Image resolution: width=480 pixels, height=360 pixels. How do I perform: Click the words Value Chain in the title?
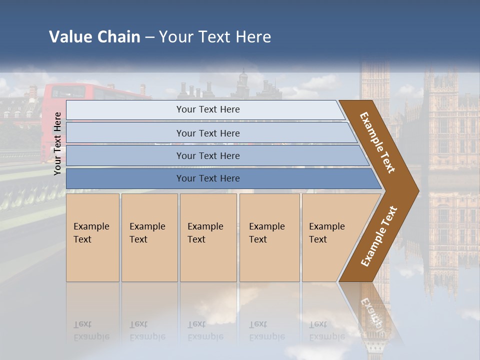[x=94, y=37]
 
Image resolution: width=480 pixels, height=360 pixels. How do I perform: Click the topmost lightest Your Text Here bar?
[x=207, y=109]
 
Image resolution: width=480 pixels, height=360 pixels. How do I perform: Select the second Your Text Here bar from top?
[x=207, y=133]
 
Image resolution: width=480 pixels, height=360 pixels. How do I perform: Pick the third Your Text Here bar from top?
[x=207, y=155]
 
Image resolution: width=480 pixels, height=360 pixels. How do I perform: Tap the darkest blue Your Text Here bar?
[x=207, y=178]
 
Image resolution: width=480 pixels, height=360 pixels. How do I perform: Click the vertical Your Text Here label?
[x=57, y=143]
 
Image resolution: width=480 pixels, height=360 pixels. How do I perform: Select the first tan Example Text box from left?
[x=92, y=237]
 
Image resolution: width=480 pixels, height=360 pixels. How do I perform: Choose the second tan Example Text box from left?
[x=149, y=237]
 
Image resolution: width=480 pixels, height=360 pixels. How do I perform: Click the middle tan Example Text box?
[x=208, y=237]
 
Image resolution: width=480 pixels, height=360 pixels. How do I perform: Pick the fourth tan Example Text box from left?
[x=269, y=237]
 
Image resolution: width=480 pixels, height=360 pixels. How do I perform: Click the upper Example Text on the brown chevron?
[x=377, y=143]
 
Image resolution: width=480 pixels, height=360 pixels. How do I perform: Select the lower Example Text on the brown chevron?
[x=378, y=236]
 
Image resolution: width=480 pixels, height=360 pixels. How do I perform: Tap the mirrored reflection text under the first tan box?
[x=91, y=330]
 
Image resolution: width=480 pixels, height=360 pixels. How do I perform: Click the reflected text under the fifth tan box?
[x=326, y=330]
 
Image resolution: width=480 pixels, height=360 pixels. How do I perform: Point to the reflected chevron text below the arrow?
[x=372, y=312]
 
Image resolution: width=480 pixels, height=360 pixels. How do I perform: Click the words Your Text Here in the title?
[x=215, y=37]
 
